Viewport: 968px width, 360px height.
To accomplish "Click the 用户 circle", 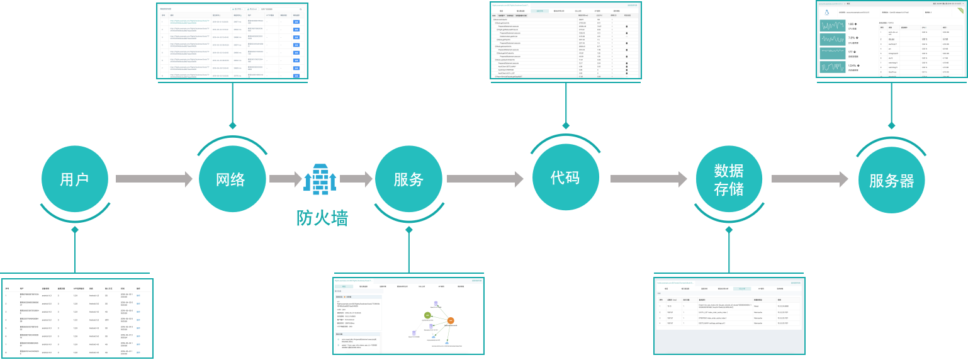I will click(74, 179).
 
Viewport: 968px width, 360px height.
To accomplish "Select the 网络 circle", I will click(231, 179).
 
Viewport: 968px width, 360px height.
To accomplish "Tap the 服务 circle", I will click(408, 179).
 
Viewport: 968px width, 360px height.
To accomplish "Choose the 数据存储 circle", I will click(729, 179).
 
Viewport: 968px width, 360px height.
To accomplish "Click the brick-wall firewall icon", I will click(320, 179).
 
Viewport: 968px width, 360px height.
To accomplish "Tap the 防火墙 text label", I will click(322, 218).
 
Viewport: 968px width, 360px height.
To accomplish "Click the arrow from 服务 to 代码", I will click(485, 179).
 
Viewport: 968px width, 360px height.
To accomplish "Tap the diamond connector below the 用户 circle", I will click(74, 231).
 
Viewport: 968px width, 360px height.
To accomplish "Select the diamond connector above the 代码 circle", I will click(565, 125).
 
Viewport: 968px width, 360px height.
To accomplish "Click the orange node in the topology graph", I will click(451, 322).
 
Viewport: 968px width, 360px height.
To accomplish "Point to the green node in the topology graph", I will click(427, 314).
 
